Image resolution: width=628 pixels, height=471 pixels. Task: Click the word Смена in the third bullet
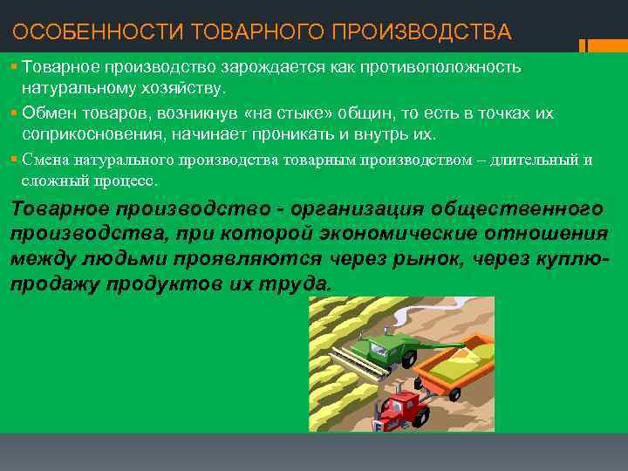[x=46, y=160]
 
